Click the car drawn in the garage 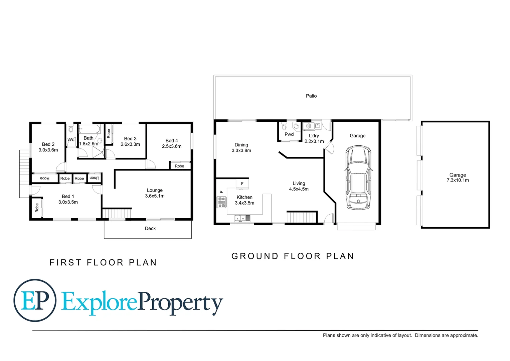[358, 177]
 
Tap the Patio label [311, 96]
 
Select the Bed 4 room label [172, 141]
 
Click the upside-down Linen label [95, 178]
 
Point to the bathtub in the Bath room [89, 129]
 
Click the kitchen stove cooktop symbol [222, 202]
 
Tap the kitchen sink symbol [242, 218]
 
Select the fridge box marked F [242, 184]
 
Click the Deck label [150, 229]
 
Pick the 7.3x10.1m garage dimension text [458, 180]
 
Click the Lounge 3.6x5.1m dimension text [155, 196]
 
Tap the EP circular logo [35, 300]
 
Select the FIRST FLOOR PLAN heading [103, 263]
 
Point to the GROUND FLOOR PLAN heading [293, 256]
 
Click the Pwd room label [289, 134]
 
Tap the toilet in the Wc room [71, 130]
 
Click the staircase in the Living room [302, 217]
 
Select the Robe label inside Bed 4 [179, 166]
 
